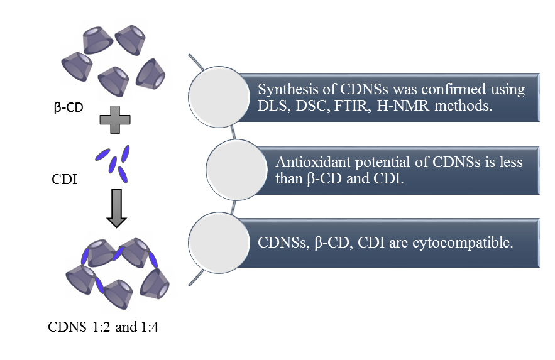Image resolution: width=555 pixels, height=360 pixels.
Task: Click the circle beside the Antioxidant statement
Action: click(x=234, y=170)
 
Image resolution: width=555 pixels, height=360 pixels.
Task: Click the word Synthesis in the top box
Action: click(x=283, y=89)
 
